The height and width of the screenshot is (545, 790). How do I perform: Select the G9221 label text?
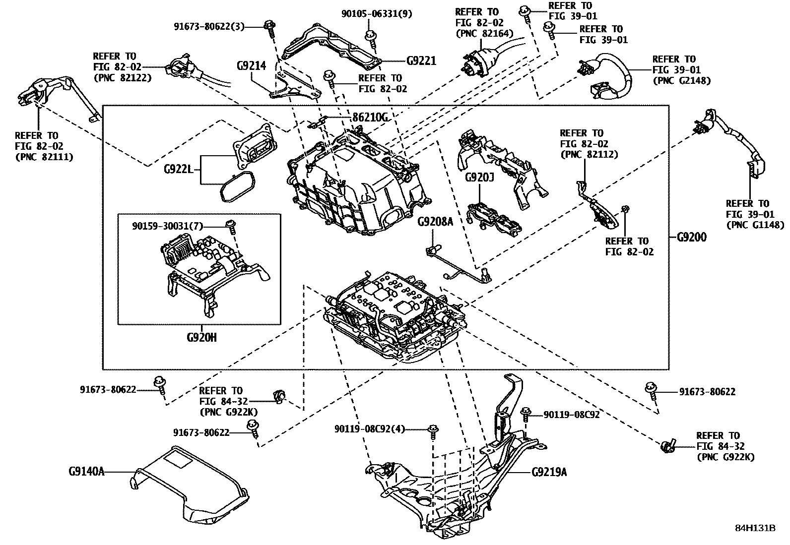[x=421, y=61]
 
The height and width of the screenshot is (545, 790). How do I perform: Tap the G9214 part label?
[x=251, y=65]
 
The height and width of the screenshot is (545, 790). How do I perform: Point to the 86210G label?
[x=370, y=118]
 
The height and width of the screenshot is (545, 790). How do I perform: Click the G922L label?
[x=178, y=169]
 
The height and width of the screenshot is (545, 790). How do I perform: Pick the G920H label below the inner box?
[x=201, y=338]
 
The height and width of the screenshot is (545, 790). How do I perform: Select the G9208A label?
[x=435, y=222]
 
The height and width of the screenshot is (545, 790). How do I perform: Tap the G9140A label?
[x=86, y=471]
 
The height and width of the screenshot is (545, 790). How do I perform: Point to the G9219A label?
[x=549, y=472]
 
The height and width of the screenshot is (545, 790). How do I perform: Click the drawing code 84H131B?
[x=755, y=528]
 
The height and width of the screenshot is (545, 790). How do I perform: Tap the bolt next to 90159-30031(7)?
[x=230, y=225]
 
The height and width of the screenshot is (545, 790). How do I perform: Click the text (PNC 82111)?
[x=44, y=157]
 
